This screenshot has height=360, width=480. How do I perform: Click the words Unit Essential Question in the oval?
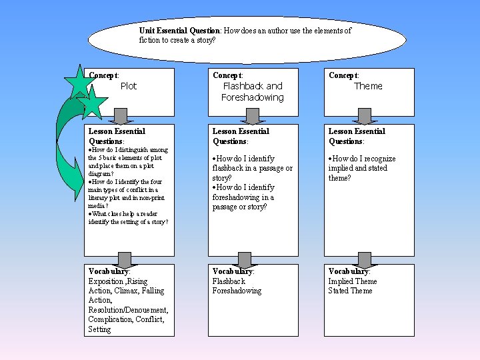coord(179,31)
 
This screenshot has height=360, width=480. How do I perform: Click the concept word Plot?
coord(129,86)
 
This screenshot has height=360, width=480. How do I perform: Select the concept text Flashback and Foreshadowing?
coord(253,92)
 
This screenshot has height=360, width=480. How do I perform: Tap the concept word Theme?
coord(368,86)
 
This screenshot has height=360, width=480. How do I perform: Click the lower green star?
coord(92,103)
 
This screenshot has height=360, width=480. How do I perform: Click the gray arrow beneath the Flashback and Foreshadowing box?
coord(252,117)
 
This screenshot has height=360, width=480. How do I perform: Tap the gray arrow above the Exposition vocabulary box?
coord(121,259)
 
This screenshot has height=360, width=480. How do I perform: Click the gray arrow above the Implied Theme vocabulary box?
coord(364,259)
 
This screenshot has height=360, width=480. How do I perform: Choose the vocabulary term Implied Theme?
coord(352,281)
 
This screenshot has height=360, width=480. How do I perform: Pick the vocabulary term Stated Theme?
coord(350,291)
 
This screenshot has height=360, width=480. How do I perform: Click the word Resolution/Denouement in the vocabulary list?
coord(128,310)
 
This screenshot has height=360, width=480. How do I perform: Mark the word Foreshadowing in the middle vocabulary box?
coord(237,291)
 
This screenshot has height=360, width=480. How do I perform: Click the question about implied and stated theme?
coord(361,168)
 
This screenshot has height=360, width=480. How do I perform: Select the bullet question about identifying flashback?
coord(252,168)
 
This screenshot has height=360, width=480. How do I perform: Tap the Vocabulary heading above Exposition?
coord(109,271)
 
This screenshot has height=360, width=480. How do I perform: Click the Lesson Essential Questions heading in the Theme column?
coord(357,136)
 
